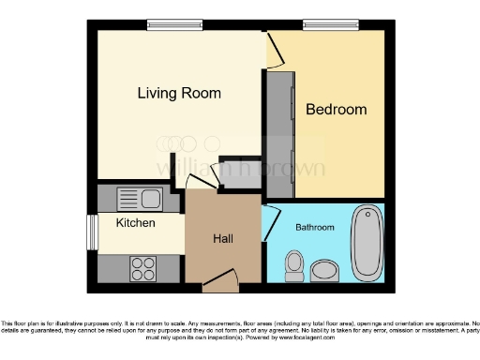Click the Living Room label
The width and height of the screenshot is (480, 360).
coord(179,93)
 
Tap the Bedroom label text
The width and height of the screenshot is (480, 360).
coord(336,110)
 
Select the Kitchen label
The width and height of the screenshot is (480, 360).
coord(135,223)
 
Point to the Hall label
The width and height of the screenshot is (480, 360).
coord(222,239)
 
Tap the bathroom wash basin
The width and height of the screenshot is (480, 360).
coord(325,271)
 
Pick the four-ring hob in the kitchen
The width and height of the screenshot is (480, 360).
coord(142,269)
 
